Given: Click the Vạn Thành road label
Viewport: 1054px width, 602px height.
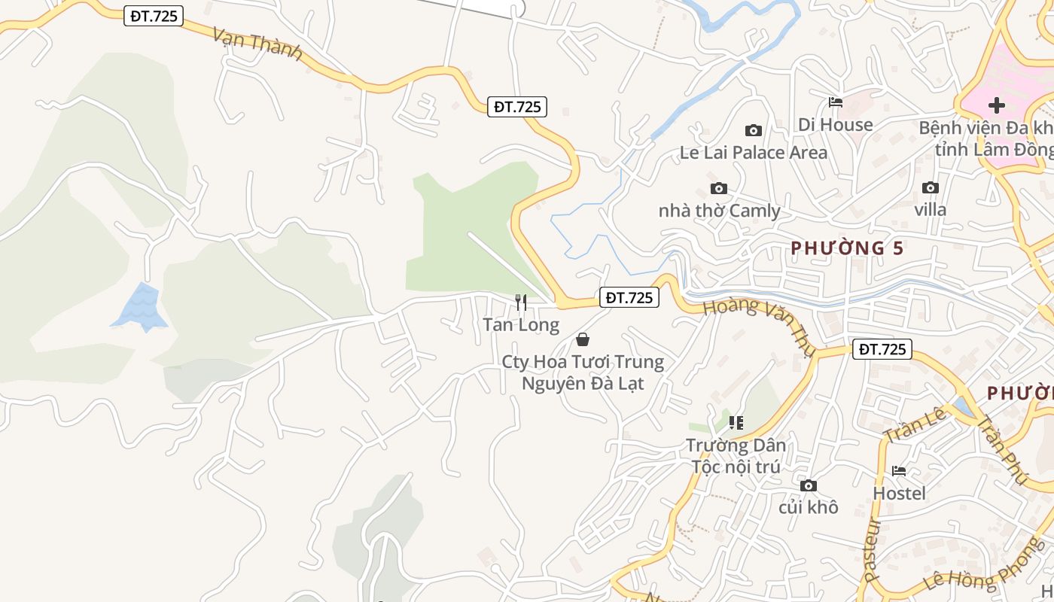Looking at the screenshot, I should coord(257,44).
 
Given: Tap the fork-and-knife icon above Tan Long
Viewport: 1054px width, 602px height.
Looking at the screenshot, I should coord(520,303).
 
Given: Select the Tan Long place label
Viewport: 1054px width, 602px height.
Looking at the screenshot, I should coord(521,325).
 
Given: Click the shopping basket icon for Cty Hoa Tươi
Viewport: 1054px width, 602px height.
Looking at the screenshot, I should coord(583,339).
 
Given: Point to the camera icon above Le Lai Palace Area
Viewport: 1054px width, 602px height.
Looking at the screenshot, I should coord(753,130).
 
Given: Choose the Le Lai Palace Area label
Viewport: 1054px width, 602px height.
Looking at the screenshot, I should coord(753,153).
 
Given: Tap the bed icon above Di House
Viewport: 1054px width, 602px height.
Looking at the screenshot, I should coord(836,102).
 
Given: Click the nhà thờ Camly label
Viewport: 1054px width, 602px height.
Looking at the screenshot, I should coord(719,211).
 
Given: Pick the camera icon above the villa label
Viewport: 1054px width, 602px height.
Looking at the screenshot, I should coord(931,187).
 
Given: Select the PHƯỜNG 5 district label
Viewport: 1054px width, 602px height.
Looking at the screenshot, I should coord(847,248).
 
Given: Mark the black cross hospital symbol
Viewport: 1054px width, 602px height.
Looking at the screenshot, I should coord(997,105).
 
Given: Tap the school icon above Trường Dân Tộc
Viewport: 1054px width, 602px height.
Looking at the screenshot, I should coord(736,423).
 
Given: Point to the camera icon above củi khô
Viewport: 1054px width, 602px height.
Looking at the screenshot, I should coord(809,485).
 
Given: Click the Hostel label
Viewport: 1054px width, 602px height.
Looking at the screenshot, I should coord(899,494).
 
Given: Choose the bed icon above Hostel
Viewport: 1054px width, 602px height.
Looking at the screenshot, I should coord(899,471).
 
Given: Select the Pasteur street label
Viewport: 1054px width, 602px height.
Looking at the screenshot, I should coord(873,549).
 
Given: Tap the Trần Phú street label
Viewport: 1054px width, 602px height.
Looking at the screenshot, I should coord(1002,448).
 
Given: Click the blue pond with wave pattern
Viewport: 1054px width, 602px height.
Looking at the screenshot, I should coord(141,307).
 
